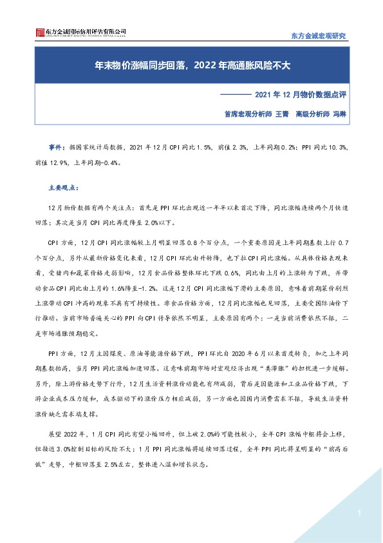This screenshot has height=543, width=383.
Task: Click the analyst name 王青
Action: point(282,113)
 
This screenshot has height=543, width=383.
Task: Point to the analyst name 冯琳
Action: point(339,113)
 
